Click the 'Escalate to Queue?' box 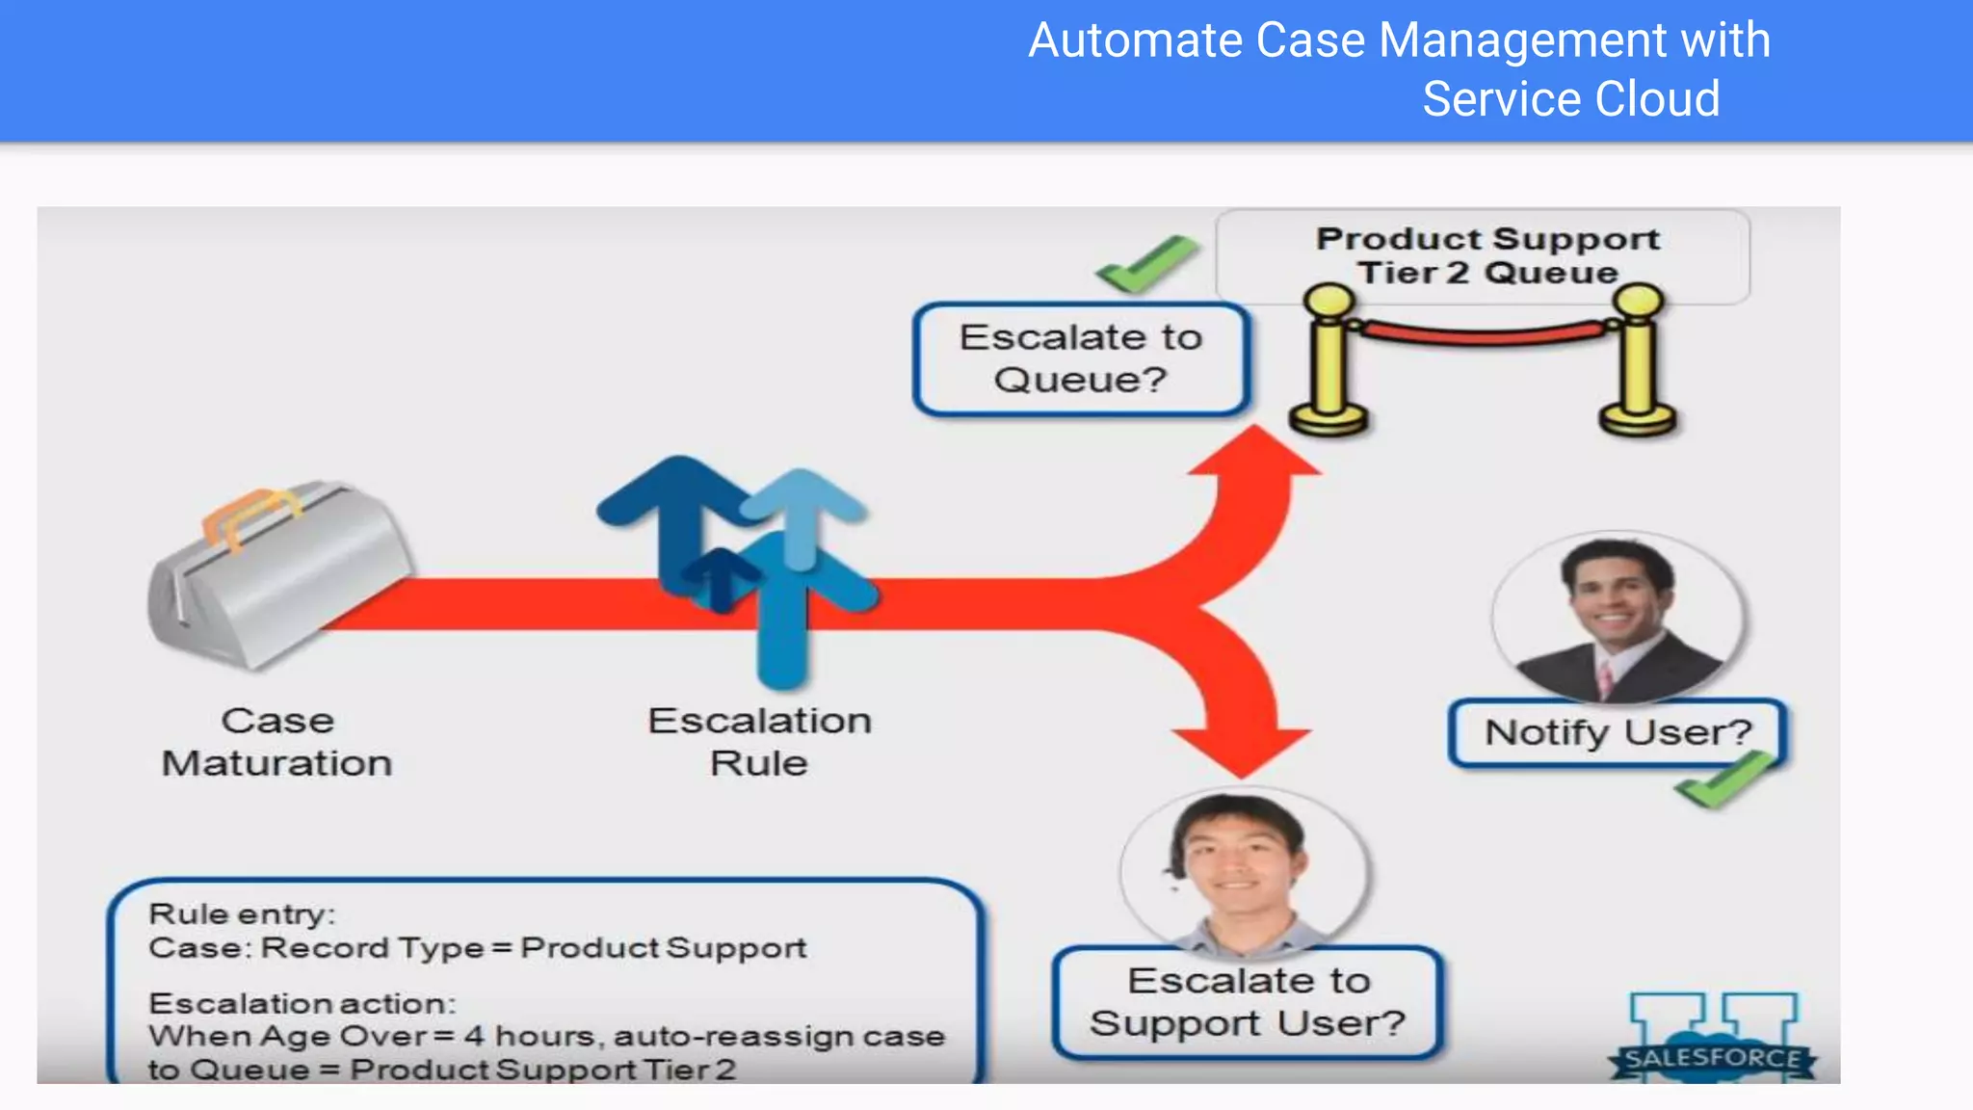click(1081, 359)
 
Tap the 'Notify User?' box click(1618, 733)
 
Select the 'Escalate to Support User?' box click(1248, 1002)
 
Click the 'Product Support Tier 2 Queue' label click(1487, 255)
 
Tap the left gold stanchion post click(1329, 361)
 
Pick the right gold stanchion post click(1638, 361)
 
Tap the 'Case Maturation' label click(277, 742)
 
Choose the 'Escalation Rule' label click(759, 742)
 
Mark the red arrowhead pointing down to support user click(1243, 752)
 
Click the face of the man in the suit click(1616, 597)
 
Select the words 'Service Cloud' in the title click(1571, 99)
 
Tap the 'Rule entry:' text click(242, 913)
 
